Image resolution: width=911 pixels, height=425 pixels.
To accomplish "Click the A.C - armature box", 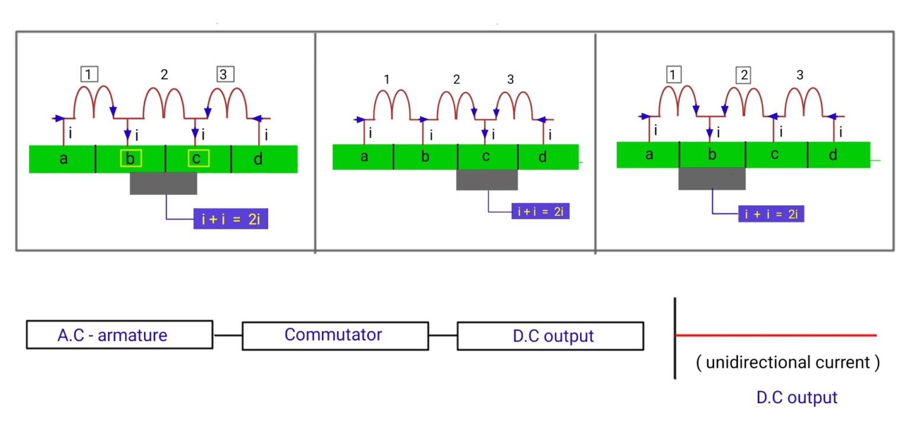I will pos(119,335).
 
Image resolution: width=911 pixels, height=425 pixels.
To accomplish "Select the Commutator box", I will pos(335,335).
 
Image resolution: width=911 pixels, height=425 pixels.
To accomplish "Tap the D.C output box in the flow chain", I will pos(550,335).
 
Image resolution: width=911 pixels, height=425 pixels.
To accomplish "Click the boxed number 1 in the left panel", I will pos(89,74).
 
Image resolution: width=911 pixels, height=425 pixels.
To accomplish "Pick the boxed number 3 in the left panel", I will pos(225,74).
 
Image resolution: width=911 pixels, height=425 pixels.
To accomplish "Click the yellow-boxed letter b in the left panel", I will pos(130,158).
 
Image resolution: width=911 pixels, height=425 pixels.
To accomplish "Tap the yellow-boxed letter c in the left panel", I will pos(198,158).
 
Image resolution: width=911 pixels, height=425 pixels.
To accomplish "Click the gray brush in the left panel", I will pos(164,183).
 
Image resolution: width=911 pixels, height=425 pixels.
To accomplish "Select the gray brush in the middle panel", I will pos(487,180).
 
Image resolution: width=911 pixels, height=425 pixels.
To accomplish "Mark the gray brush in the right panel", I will pos(712,178).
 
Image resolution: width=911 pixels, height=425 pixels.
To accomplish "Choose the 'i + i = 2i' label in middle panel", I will pos(540,211).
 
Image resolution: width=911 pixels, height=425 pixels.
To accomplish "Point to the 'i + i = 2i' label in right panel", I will pos(771,214).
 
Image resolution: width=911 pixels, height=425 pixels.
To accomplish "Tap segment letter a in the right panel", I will pos(649,155).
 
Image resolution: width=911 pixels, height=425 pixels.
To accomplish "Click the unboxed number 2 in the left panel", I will pos(164,74).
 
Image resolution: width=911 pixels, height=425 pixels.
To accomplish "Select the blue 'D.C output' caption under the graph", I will pos(797,397).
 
